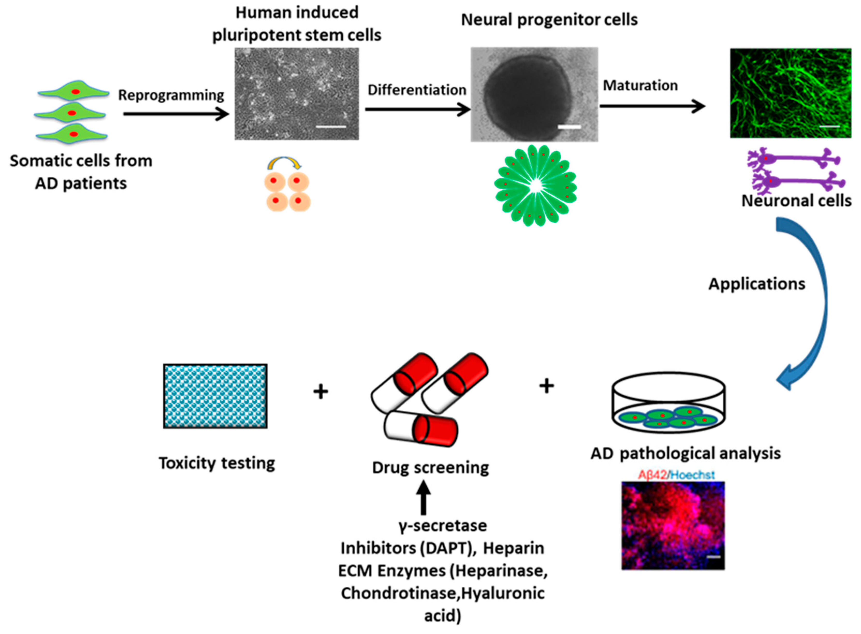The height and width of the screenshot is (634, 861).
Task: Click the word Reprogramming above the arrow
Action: coord(171,95)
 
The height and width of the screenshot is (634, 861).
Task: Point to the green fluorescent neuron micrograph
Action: coord(790,93)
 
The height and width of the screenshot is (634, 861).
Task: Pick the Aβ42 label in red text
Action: coord(652,475)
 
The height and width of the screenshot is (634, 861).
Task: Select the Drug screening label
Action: coord(430,467)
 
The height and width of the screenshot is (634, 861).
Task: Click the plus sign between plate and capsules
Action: coord(321,392)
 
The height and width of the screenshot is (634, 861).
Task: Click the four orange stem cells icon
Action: coord(287,191)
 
